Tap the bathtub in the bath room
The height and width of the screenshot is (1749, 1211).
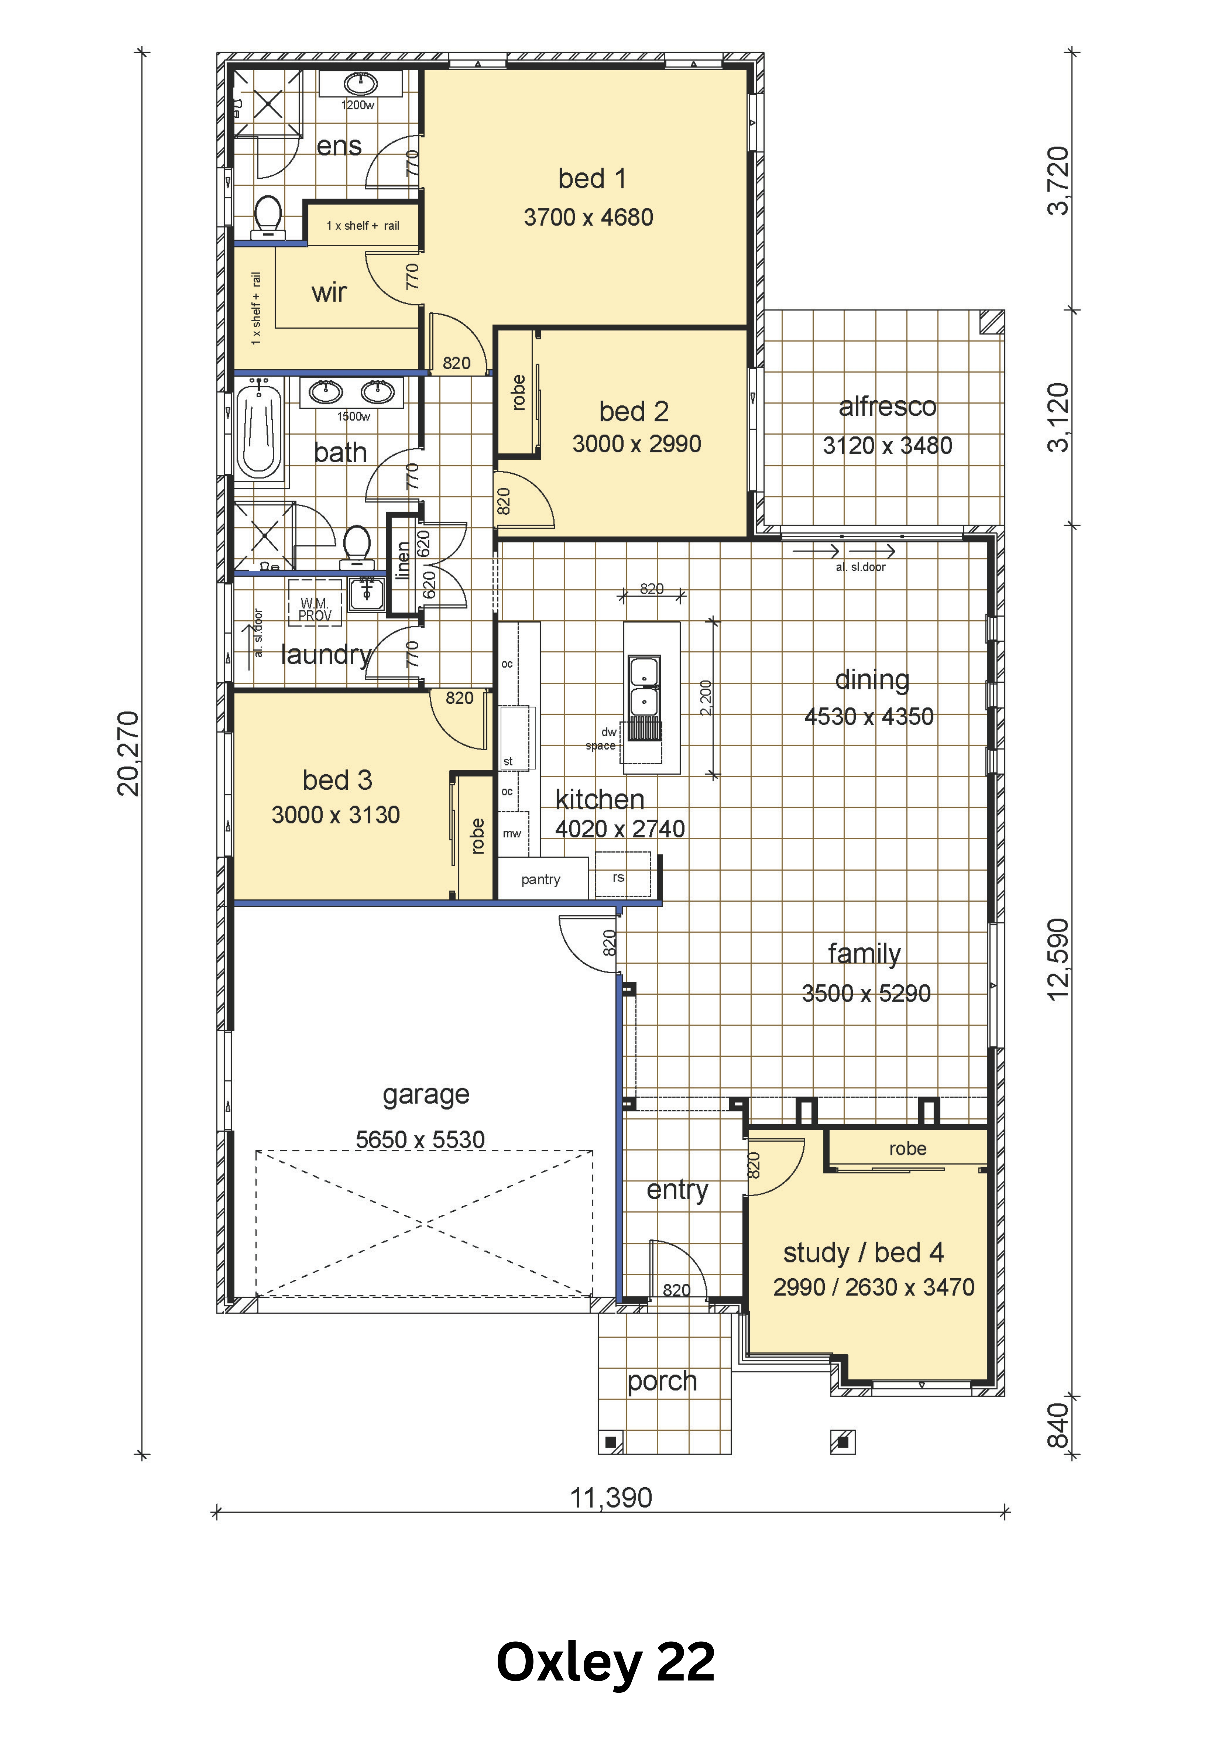259,431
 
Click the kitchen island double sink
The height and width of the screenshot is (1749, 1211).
644,687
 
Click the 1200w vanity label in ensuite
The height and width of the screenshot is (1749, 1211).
357,106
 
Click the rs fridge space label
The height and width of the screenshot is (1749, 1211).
618,877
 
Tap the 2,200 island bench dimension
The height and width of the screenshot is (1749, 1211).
706,698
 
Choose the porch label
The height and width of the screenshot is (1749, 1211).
662,1381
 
